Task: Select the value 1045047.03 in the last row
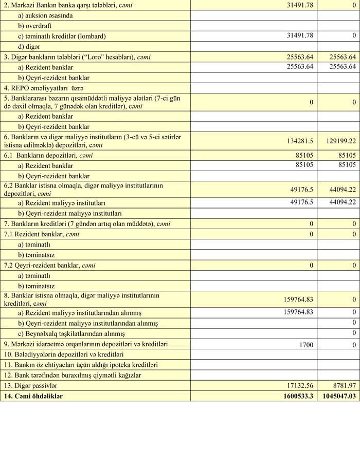(337, 396)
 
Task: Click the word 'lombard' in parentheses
(93, 36)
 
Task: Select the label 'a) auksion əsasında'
(45, 15)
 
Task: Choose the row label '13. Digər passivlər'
(30, 385)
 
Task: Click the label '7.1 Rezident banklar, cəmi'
(49, 234)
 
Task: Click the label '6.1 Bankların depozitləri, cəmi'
(48, 155)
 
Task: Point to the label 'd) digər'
(29, 46)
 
